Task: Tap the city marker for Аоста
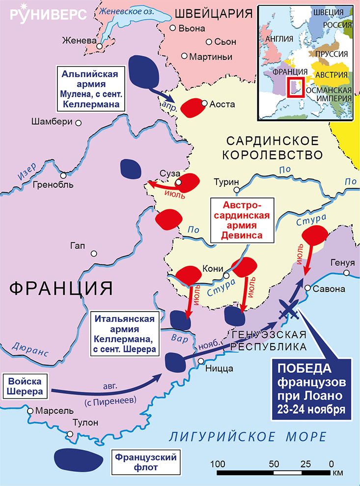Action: pos(205,103)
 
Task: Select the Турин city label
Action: pos(226,182)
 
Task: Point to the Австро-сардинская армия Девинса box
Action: pos(241,220)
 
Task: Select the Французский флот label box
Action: pos(145,463)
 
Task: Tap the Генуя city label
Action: pos(342,262)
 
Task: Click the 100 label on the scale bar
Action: pos(218,463)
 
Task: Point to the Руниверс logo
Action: pos(48,13)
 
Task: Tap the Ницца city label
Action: pos(219,365)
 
